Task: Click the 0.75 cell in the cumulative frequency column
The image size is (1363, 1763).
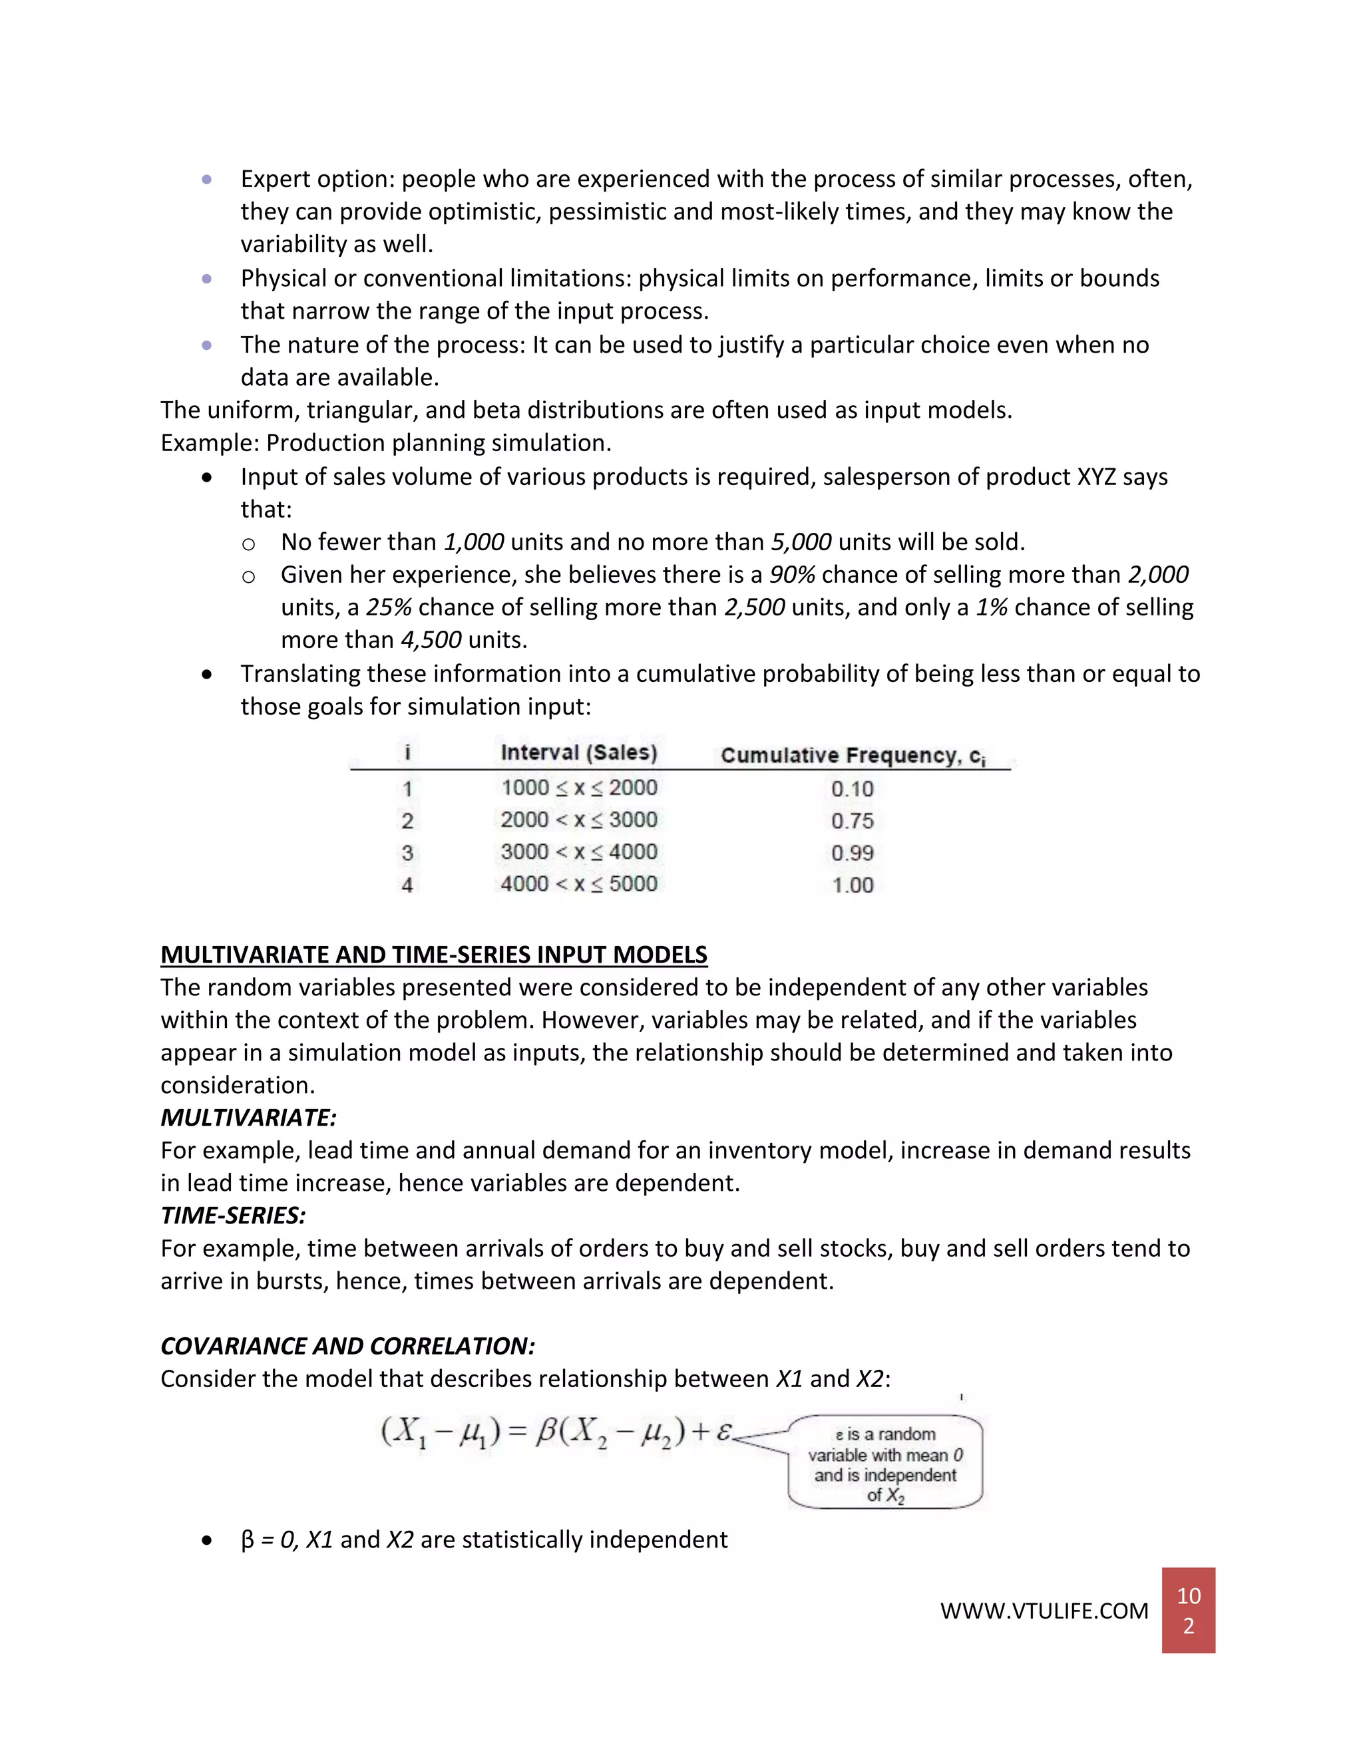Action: click(852, 821)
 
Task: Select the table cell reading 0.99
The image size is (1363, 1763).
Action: click(852, 854)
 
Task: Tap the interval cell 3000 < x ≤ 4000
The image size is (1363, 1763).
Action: click(579, 852)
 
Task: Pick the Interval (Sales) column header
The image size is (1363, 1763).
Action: click(579, 752)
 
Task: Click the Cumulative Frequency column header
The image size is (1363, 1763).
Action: click(852, 756)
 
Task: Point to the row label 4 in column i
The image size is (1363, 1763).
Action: click(407, 885)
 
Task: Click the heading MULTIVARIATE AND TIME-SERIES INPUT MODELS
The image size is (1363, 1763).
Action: click(434, 954)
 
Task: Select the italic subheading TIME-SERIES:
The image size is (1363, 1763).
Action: click(232, 1215)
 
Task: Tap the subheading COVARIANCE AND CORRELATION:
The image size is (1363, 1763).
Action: click(347, 1346)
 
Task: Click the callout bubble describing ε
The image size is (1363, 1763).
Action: click(885, 1463)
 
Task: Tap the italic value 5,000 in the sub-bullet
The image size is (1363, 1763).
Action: click(801, 542)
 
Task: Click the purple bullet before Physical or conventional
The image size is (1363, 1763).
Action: click(207, 279)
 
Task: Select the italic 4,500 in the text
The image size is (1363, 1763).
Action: click(431, 640)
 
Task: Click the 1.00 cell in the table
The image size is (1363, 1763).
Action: click(852, 885)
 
